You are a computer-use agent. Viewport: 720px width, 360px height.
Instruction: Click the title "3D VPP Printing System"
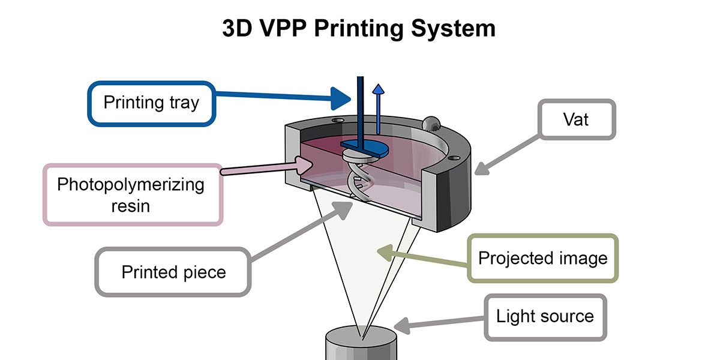pos(359,29)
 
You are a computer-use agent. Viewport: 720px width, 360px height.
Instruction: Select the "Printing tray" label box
pos(151,103)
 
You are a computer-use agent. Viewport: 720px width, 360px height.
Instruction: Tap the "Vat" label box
pos(575,119)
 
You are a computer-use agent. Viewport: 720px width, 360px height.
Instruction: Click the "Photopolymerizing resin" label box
pos(131,194)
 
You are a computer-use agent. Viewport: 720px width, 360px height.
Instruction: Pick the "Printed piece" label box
pos(173,272)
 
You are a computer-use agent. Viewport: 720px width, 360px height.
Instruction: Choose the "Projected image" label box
pos(542,258)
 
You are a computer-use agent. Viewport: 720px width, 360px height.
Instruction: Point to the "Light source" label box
pos(544,316)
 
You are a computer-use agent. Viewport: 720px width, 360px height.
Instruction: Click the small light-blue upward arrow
pos(378,108)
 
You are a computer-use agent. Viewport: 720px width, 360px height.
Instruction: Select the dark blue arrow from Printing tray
pos(282,97)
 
